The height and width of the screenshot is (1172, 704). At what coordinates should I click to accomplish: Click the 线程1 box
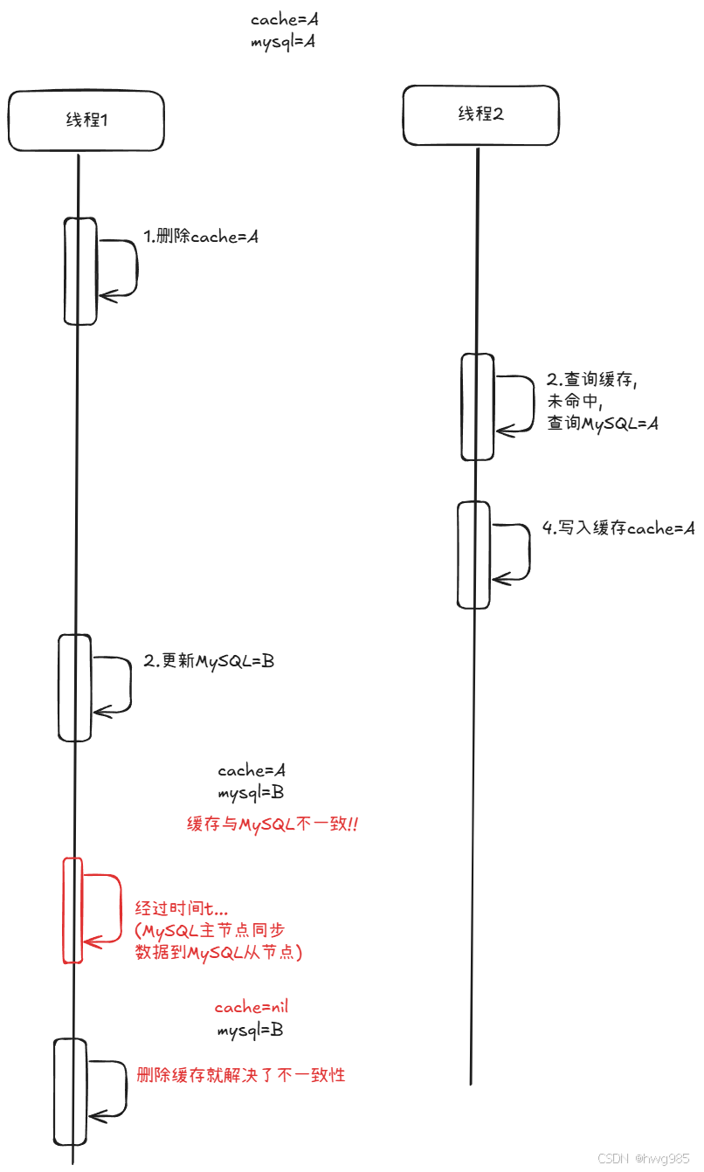click(x=86, y=120)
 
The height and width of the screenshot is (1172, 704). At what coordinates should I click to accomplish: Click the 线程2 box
click(x=480, y=114)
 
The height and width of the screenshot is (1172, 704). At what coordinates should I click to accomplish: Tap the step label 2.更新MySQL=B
click(x=209, y=661)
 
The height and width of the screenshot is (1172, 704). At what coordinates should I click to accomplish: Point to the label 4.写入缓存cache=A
click(x=618, y=528)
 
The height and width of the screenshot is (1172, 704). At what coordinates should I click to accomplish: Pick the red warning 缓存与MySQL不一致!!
click(x=273, y=824)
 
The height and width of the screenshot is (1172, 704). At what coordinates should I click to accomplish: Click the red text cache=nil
click(x=252, y=1007)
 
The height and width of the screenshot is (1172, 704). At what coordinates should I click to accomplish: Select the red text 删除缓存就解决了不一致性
click(x=241, y=1075)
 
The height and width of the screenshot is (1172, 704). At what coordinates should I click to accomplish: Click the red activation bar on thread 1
click(x=72, y=910)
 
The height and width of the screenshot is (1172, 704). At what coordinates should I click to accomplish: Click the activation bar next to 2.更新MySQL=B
click(x=75, y=687)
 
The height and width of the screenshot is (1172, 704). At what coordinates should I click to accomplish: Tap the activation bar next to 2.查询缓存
click(x=477, y=406)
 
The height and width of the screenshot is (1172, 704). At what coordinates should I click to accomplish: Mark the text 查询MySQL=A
click(x=602, y=424)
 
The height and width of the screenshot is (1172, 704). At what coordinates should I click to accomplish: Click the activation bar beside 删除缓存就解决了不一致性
click(x=71, y=1092)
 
